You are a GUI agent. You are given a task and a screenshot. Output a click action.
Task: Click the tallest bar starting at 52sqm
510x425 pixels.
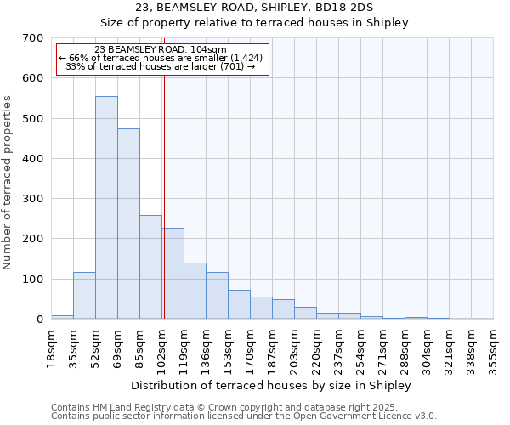(x=106, y=207)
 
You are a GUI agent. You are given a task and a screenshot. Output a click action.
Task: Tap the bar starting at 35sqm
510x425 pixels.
(x=84, y=295)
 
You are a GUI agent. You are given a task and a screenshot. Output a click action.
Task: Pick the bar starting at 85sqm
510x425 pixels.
(x=150, y=267)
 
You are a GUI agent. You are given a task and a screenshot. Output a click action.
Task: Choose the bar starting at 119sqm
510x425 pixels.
(x=195, y=291)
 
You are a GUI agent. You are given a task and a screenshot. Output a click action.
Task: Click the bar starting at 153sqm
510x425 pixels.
(x=239, y=304)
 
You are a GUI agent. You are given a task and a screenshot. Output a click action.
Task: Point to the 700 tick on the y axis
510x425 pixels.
(x=33, y=38)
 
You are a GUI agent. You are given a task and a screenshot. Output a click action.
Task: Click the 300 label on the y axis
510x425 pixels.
(x=33, y=199)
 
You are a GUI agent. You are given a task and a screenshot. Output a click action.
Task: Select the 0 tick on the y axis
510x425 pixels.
(x=38, y=320)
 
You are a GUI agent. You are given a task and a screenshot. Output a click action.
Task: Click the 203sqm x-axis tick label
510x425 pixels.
(x=294, y=348)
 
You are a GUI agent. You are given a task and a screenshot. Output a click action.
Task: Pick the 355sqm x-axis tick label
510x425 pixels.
(x=493, y=348)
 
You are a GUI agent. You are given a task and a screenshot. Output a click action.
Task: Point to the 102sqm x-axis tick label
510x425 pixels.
(x=161, y=348)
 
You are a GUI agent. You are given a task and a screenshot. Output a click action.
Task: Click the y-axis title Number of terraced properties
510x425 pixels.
(x=8, y=182)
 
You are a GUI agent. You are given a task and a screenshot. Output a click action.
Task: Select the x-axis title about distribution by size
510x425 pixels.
(x=271, y=385)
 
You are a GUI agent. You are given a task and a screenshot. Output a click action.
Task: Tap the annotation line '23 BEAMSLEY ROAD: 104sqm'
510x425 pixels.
(x=161, y=49)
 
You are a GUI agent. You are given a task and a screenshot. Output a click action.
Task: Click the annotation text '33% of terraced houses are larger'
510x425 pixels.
(x=161, y=66)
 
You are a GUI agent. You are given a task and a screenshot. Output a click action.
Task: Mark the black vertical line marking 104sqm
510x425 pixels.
(x=163, y=195)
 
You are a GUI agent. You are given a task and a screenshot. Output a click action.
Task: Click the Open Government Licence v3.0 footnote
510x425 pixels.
(x=244, y=416)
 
